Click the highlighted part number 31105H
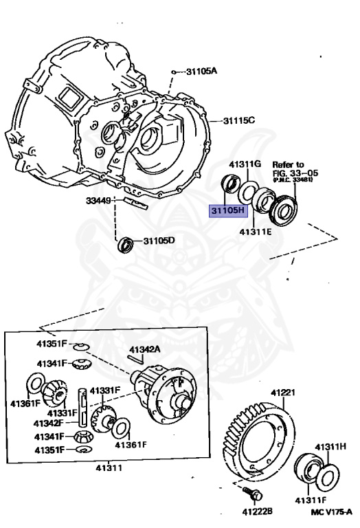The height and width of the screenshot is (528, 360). point(227,210)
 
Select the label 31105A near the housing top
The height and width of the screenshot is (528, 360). point(202,71)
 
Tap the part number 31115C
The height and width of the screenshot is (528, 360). point(238,121)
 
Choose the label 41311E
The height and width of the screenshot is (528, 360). point(256,232)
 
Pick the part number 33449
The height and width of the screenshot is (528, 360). point(99,201)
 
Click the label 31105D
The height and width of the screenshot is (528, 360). point(159,241)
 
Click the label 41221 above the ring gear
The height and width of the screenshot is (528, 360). point(282,393)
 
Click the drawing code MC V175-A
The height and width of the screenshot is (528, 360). point(330,511)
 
